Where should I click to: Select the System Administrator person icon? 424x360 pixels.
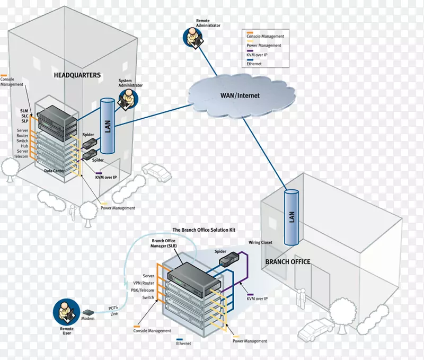pos(127,98)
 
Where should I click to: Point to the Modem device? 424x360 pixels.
pos(88,313)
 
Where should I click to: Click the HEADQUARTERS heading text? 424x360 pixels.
pos(77,75)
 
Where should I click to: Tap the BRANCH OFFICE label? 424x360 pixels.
pos(288,262)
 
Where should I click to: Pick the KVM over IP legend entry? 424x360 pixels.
pos(259,55)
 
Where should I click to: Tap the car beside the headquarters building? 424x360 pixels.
pos(157,172)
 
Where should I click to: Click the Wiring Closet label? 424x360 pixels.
pos(260,242)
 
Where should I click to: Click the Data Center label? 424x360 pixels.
pos(55,171)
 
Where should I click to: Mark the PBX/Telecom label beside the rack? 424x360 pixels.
pos(142,291)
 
